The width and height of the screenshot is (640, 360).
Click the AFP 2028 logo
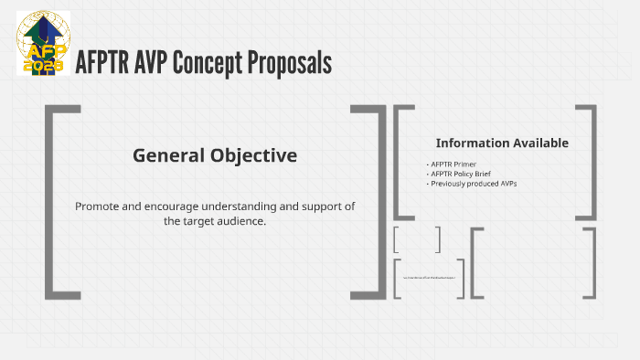[x=43, y=43]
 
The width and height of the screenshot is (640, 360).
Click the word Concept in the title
[x=213, y=63]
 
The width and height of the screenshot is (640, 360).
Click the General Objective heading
[x=215, y=155]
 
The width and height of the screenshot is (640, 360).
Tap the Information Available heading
[x=502, y=143]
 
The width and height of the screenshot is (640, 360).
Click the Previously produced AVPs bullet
[x=474, y=184]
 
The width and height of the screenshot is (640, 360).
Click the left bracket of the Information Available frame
[x=400, y=162]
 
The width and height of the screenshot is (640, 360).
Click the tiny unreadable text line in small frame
[x=429, y=275]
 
